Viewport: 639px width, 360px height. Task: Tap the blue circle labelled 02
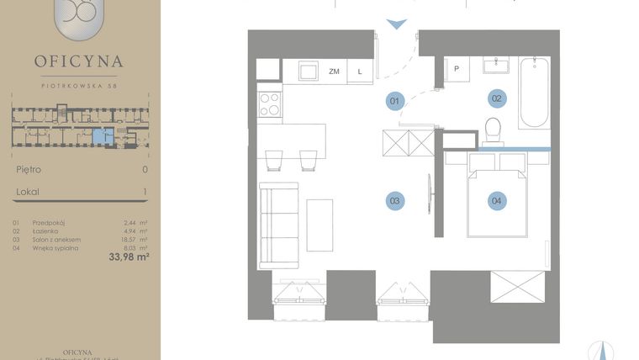tap(497, 98)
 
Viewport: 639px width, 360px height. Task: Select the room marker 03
tap(394, 200)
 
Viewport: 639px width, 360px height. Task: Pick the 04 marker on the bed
tap(497, 200)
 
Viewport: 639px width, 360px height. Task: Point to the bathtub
tap(534, 93)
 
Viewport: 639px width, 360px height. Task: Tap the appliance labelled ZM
tap(334, 71)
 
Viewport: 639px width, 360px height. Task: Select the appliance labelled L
tap(360, 71)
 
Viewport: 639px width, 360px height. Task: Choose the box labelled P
tap(457, 69)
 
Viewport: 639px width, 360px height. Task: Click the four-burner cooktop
tap(270, 103)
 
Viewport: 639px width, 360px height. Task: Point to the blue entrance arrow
tap(396, 24)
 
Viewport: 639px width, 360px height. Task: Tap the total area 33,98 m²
tap(129, 257)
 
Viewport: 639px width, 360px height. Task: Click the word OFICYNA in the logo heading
tap(79, 61)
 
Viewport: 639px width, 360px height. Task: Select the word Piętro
tap(29, 169)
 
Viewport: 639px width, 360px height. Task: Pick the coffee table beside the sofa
tap(319, 225)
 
